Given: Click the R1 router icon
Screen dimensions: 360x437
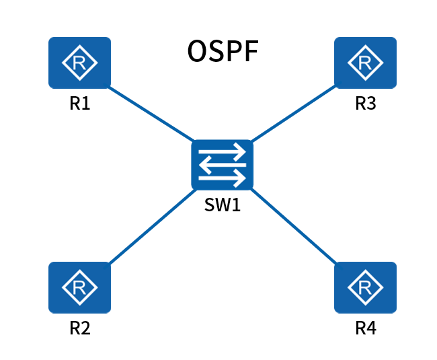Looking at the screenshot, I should [79, 63].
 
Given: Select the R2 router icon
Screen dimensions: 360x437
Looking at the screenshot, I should [79, 287].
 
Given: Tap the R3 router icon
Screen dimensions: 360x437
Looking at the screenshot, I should [365, 63].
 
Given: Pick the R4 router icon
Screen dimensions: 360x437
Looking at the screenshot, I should [365, 287].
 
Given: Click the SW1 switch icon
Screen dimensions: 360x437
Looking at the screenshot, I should [222, 165].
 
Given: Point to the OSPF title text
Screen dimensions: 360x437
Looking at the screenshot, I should [222, 52].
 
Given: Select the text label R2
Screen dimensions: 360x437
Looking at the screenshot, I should [79, 329].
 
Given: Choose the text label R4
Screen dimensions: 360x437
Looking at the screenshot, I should [366, 329].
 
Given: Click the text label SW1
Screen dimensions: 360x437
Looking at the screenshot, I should [223, 205].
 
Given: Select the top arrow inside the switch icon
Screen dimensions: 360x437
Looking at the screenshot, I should [223, 153].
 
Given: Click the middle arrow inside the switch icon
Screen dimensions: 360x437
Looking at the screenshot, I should [223, 166].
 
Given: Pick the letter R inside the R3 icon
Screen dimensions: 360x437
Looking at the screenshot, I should [365, 63].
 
